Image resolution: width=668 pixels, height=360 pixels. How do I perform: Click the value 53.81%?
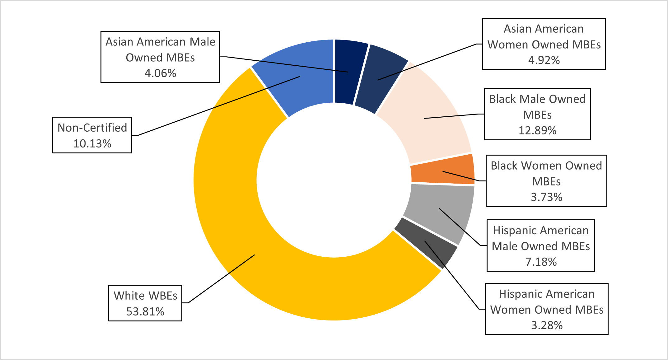(x=145, y=311)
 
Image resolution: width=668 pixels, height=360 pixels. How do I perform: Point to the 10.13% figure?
(x=92, y=143)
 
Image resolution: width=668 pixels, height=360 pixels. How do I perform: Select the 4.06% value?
(x=160, y=73)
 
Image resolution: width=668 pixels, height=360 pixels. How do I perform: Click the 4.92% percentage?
(x=544, y=60)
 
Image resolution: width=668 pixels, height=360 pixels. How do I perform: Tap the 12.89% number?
(x=537, y=130)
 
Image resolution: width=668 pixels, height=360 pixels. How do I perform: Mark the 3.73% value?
(x=546, y=197)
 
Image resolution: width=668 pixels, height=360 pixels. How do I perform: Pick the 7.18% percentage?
(x=541, y=262)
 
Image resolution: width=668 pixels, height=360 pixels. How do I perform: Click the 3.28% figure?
(x=547, y=325)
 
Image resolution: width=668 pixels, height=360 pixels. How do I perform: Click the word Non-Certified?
(x=92, y=128)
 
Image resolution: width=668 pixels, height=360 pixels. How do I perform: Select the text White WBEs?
(x=145, y=296)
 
